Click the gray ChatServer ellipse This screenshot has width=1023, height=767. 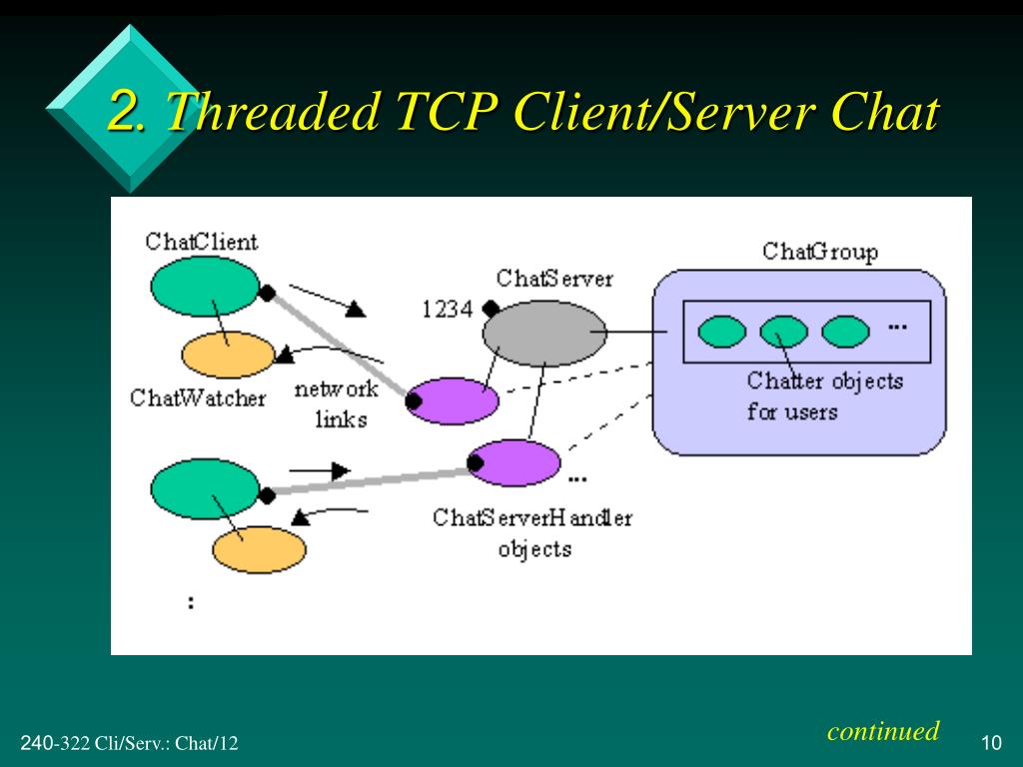pos(544,333)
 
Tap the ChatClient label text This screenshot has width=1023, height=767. pos(201,242)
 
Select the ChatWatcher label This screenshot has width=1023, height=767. pos(198,397)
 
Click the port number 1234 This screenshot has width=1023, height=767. pos(447,310)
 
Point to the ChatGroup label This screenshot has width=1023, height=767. pos(820,251)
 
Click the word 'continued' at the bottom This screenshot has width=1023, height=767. pos(883,731)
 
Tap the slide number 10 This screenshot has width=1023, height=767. pos(991,743)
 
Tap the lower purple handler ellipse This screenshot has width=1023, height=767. pos(514,462)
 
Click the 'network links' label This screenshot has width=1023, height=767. pos(338,403)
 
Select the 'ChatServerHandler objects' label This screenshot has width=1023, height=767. pos(532,533)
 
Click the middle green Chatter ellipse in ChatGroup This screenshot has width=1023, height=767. pos(783,332)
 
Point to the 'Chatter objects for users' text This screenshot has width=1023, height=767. pos(824,395)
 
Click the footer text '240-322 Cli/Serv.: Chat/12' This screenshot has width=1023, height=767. pos(129,743)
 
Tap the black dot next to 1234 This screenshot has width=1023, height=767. pos(491,308)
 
